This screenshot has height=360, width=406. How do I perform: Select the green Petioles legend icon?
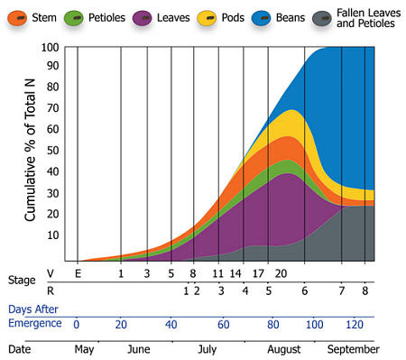84,17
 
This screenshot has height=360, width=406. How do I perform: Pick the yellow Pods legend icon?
207,17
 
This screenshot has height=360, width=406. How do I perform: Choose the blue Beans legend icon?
263,17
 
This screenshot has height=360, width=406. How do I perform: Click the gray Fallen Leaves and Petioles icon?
323,17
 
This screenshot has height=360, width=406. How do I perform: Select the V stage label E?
78,273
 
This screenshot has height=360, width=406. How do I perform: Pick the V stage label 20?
281,273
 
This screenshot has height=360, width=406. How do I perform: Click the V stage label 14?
236,273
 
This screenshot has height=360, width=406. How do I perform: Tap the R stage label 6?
304,290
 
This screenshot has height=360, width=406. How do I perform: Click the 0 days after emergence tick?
77,324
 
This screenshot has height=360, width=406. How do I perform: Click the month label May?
83,349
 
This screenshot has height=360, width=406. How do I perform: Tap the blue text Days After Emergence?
35,316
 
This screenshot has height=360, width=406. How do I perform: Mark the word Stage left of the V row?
23,281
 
